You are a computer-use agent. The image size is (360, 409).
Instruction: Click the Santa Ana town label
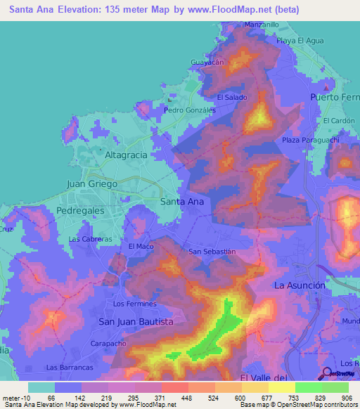click(182, 202)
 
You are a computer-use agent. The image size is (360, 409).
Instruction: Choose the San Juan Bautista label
click(135, 321)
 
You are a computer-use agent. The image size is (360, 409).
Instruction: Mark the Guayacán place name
click(207, 63)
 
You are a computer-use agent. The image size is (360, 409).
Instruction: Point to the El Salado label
click(231, 97)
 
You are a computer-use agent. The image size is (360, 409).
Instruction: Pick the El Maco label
click(141, 247)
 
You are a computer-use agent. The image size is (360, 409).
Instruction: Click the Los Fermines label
click(134, 304)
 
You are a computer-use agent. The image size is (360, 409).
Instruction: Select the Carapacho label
click(108, 344)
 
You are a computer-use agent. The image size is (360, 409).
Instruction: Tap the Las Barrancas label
click(70, 368)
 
